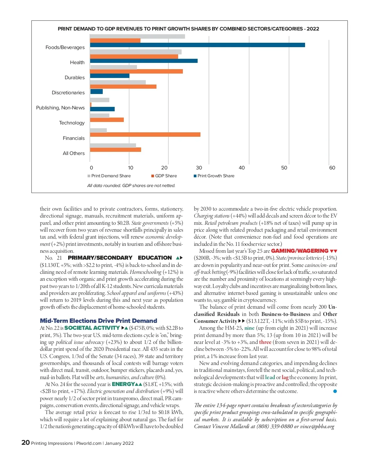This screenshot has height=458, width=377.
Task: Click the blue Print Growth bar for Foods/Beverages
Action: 197,45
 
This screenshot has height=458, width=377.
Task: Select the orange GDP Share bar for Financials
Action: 145,135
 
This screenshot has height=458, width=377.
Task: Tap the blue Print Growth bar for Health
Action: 144,61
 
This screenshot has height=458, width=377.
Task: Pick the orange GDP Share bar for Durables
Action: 136,71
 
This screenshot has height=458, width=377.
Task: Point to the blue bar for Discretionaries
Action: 96,91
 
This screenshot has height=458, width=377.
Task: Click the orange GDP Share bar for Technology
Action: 107,120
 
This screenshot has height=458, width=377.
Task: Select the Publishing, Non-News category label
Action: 60,108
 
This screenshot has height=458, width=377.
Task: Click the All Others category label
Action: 74,153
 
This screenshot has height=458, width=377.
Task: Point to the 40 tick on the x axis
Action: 242,168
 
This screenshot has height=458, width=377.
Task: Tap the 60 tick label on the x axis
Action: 332,168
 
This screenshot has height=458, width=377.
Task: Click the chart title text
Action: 188,29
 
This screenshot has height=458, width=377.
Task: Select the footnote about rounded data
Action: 131,186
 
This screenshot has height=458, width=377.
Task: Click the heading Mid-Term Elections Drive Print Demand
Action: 98,321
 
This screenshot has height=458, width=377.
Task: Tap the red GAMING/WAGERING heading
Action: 299,251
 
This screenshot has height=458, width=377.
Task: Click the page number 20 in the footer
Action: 25,443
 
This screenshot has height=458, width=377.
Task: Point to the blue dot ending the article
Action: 335,391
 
